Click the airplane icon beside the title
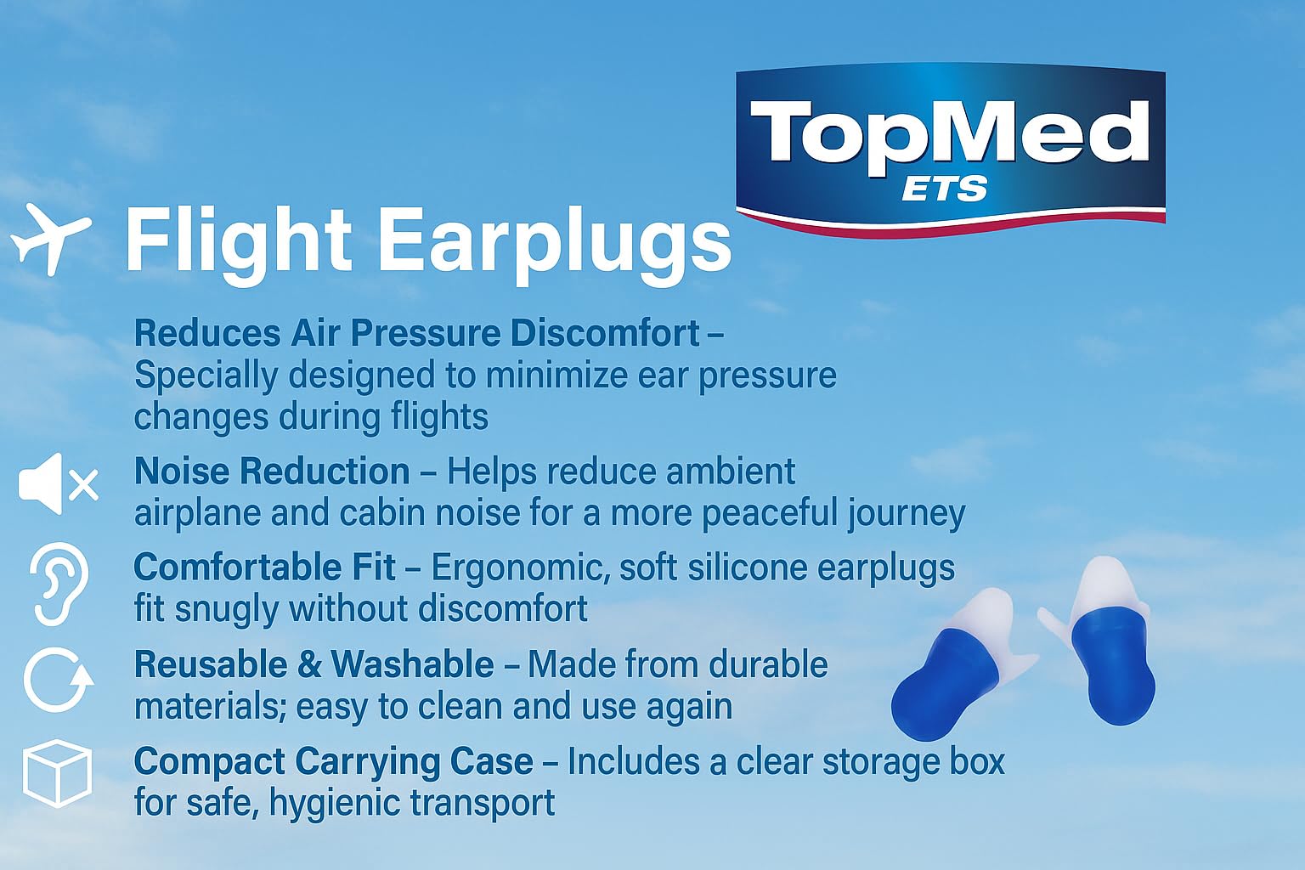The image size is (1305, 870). coord(51,240)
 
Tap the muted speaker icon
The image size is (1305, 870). coord(59,483)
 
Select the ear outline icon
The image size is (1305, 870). coord(59,584)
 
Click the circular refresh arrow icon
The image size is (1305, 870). coord(59,680)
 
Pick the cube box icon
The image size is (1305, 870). coord(57,774)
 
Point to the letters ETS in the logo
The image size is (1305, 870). coord(945,189)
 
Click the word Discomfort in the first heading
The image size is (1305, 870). coord(605,333)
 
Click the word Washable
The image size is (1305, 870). coord(412,664)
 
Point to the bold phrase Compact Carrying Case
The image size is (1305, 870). coord(334,761)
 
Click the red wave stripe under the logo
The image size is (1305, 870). coord(951,226)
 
